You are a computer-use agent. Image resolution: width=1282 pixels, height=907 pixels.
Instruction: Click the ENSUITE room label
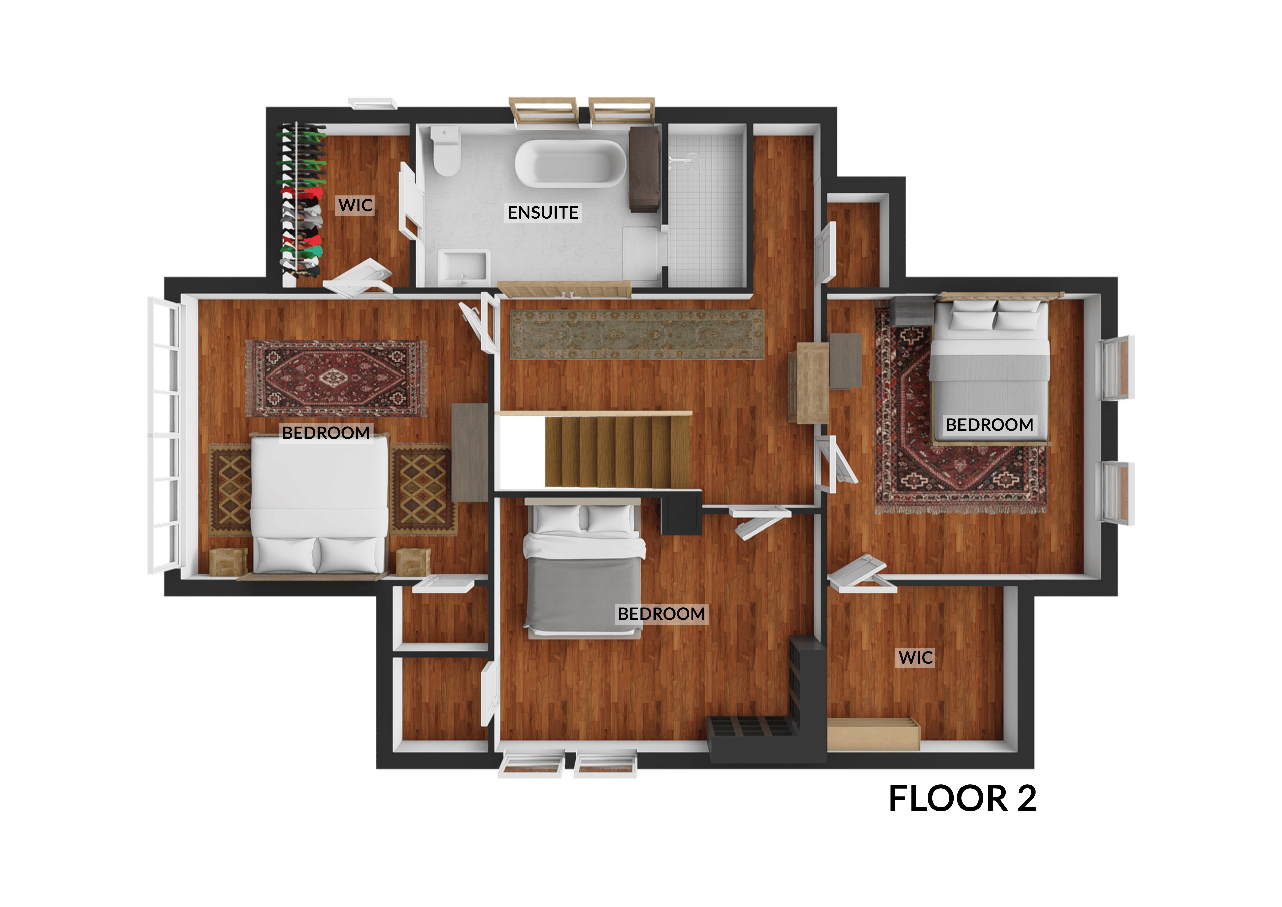coord(543,213)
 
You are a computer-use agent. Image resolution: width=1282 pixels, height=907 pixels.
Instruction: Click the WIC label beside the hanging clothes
coord(355,205)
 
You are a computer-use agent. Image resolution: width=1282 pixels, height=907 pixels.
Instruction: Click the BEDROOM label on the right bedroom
coord(990,425)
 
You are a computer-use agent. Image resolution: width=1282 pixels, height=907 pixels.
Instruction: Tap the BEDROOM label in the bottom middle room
coord(662,614)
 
